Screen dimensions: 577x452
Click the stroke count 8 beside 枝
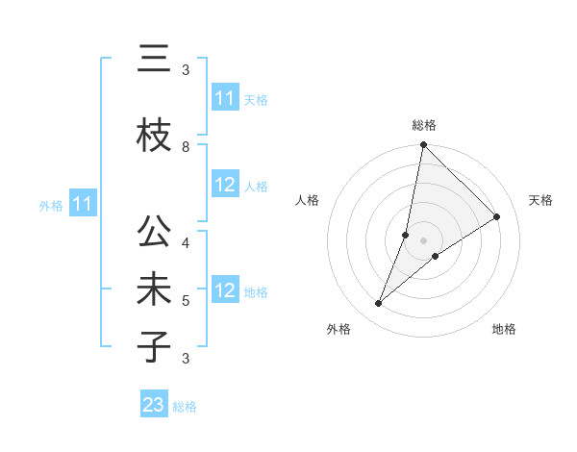(x=186, y=146)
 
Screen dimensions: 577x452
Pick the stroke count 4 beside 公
(x=186, y=242)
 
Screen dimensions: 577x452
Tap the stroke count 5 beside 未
(x=186, y=301)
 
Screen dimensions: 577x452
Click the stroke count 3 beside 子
(x=186, y=359)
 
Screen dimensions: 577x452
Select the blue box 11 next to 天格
(x=225, y=98)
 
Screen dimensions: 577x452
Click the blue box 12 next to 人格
(x=225, y=186)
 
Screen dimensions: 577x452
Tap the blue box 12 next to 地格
(x=225, y=291)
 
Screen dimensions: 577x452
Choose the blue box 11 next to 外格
(x=82, y=204)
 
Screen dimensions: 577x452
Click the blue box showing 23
(x=154, y=405)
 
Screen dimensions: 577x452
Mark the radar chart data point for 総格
(x=423, y=145)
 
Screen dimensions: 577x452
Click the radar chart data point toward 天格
(x=497, y=217)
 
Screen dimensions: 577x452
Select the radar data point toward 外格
(x=379, y=304)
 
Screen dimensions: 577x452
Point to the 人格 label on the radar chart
(x=307, y=200)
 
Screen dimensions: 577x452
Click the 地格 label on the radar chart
(x=504, y=329)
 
